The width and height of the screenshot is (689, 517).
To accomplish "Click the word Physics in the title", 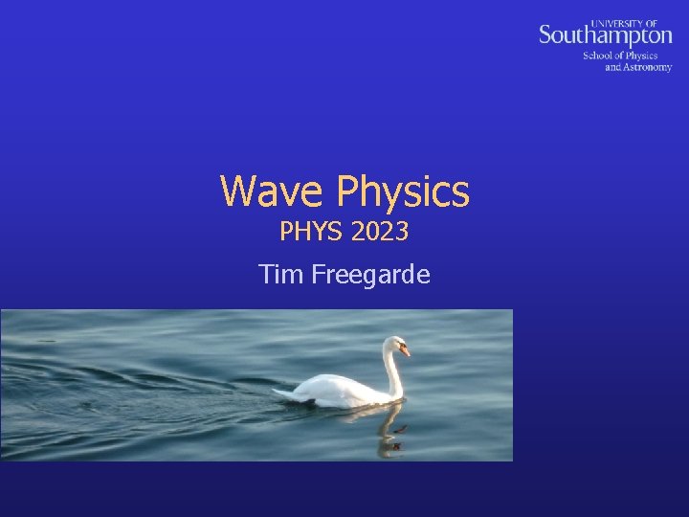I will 403,192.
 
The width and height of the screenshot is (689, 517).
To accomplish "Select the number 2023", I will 380,232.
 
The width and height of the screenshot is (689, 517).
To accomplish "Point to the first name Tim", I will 280,276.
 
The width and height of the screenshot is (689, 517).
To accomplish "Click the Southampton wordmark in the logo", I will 605,35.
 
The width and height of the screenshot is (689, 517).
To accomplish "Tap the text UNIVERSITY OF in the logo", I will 632,21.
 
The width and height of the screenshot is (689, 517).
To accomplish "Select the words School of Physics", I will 620,56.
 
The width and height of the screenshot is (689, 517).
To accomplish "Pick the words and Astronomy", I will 638,67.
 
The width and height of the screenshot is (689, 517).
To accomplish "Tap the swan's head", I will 395,345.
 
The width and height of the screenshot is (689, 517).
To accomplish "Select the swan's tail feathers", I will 284,393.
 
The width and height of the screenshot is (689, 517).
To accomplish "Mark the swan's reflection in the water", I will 388,429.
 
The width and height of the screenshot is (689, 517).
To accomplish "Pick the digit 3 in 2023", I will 402,232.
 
